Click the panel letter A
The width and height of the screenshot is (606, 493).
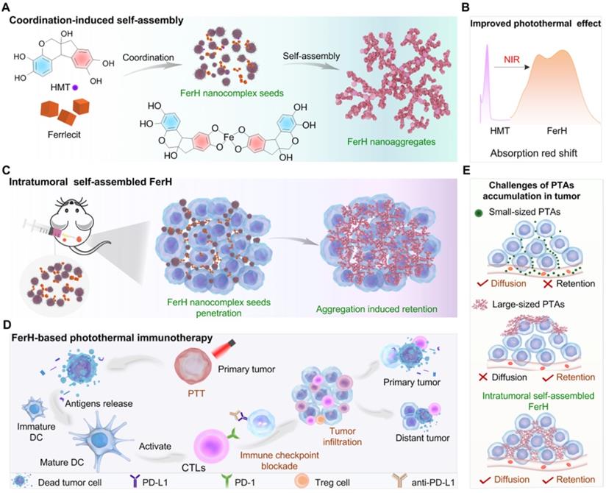[8, 7]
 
